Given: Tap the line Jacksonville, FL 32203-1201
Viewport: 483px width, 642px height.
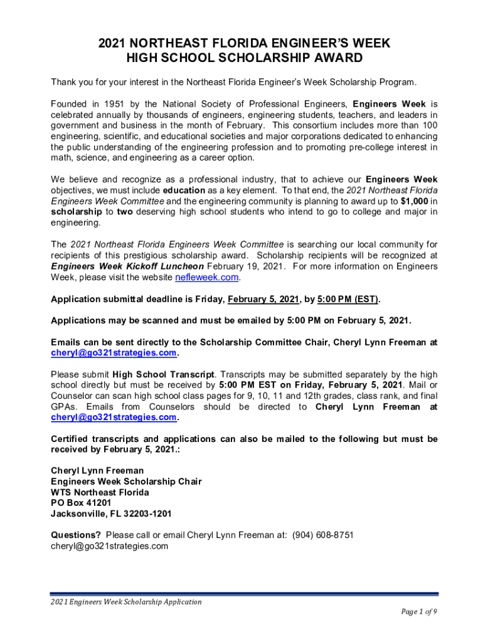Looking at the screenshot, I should [x=111, y=513].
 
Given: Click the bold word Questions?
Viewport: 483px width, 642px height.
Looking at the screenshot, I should [x=75, y=535].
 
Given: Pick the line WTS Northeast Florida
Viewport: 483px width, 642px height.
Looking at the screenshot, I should [x=100, y=492].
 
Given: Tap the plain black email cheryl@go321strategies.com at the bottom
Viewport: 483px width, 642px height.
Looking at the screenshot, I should [x=109, y=545].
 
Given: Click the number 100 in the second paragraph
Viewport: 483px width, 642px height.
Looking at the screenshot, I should [x=429, y=125].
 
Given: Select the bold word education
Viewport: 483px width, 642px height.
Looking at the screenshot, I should [x=184, y=190].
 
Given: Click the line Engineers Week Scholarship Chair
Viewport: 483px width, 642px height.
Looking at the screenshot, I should [x=126, y=481].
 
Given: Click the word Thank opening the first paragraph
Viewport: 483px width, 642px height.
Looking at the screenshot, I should [x=63, y=82].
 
